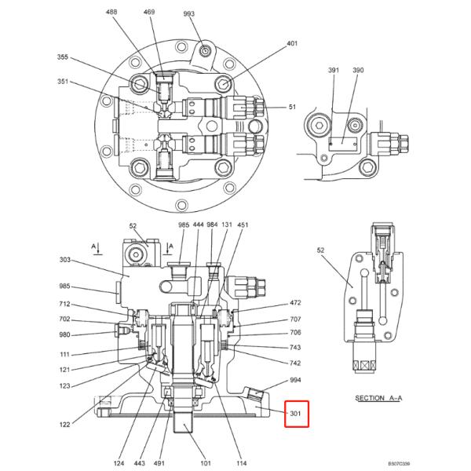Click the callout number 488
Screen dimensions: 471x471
coord(111,13)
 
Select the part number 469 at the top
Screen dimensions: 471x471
coord(149,13)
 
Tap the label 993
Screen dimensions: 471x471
coord(189,14)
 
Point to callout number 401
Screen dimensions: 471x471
coord(292,44)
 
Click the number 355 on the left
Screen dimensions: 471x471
coord(63,57)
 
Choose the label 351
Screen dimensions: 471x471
coord(63,81)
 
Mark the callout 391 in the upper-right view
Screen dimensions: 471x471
coord(333,71)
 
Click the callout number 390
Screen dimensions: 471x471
coord(358,71)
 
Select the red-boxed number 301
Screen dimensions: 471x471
coord(297,414)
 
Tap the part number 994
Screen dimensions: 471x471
coord(295,379)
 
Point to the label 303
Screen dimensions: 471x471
coord(65,260)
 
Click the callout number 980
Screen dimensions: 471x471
coord(65,336)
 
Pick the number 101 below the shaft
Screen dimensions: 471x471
coord(205,463)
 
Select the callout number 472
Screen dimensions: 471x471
coord(295,303)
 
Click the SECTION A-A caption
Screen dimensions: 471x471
coord(378,398)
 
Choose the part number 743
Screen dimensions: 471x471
coord(295,348)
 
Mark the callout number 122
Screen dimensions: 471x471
coord(65,424)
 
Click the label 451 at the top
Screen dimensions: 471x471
coord(243,225)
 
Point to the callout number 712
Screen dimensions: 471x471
coord(65,304)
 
